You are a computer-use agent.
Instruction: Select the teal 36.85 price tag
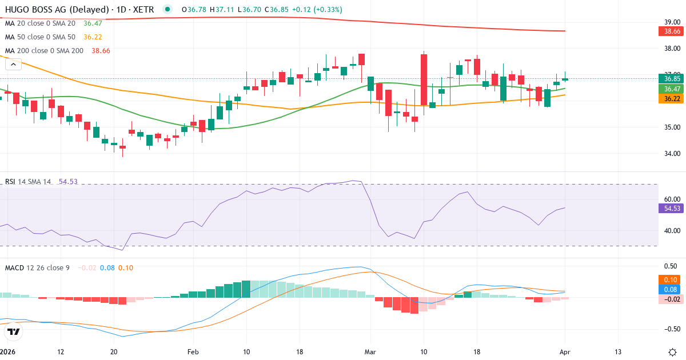(x=672, y=78)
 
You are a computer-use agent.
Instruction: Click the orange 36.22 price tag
(x=672, y=99)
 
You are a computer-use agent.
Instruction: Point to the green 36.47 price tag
(x=672, y=89)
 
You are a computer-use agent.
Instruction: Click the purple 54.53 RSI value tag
(x=672, y=208)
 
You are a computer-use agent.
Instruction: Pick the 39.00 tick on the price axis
(x=671, y=22)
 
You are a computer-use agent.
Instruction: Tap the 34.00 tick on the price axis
(x=671, y=153)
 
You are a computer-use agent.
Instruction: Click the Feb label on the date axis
(x=193, y=351)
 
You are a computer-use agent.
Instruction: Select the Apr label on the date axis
(x=565, y=351)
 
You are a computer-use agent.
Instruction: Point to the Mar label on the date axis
(x=370, y=351)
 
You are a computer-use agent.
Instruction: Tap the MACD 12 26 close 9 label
(x=37, y=267)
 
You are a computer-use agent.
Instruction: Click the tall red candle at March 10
(x=424, y=80)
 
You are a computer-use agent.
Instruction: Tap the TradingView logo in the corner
(x=14, y=331)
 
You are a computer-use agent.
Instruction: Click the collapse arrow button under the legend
(x=13, y=64)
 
